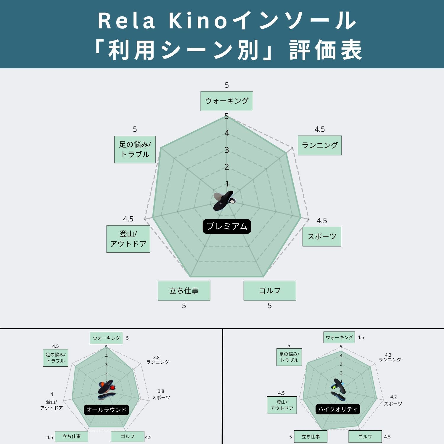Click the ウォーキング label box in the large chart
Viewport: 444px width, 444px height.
tap(227, 101)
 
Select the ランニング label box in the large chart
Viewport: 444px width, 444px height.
tap(320, 145)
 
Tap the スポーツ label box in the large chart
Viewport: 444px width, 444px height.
tap(322, 237)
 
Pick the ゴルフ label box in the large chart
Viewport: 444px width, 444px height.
tap(270, 291)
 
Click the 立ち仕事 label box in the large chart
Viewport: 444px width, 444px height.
tap(184, 291)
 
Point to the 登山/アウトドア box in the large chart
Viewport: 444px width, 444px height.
tap(128, 239)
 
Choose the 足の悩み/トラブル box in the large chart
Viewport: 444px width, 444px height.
tap(135, 149)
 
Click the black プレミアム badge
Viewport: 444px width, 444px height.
tap(227, 226)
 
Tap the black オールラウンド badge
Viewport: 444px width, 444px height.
tap(106, 410)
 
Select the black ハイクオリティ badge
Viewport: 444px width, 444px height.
tap(338, 409)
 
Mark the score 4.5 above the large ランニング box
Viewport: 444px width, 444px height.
tap(320, 129)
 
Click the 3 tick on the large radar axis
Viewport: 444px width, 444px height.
tap(227, 150)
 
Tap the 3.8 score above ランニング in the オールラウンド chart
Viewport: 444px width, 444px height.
tap(156, 358)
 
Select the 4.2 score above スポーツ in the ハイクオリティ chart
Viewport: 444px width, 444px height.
tap(393, 397)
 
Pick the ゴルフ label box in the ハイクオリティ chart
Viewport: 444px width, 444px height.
tap(365, 437)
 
